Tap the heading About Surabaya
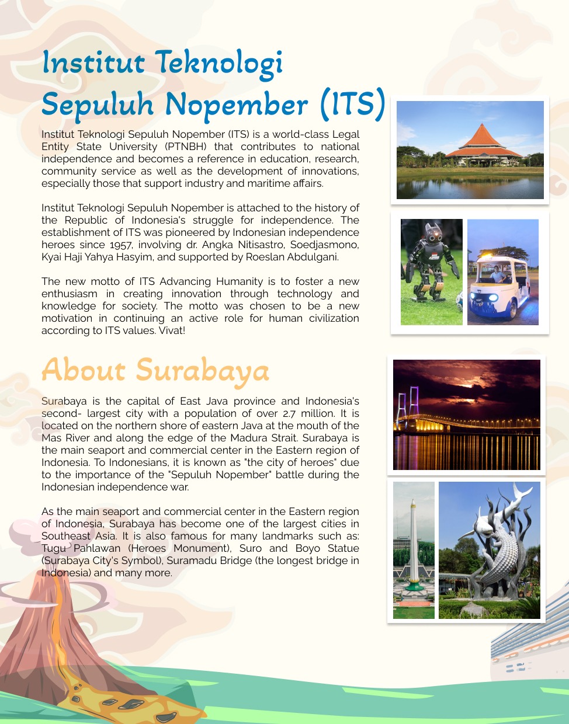[155, 370]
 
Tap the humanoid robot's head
[433, 233]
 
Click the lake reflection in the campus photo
[470, 188]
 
